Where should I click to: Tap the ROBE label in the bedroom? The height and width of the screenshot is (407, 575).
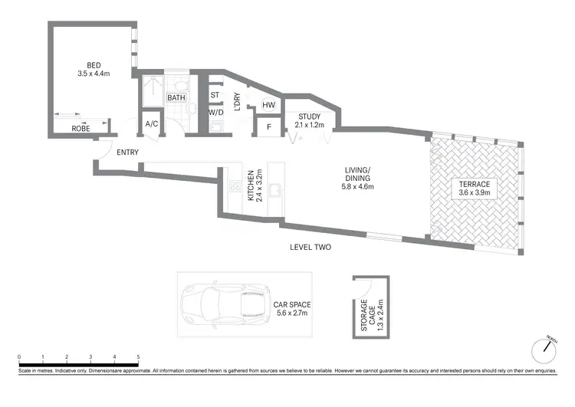coord(81,129)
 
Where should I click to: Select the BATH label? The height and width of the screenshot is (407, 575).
coord(177,97)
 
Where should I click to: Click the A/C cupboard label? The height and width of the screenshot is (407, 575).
coord(151,123)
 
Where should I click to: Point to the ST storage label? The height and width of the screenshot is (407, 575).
coord(214,96)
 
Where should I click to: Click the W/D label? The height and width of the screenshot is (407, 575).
coord(215,112)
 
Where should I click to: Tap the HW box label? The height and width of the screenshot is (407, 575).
coord(268,105)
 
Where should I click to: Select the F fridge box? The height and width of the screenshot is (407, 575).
coord(268,126)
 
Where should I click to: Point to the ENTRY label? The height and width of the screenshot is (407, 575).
coord(128,152)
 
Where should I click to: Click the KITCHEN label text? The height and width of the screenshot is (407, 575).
coord(250,186)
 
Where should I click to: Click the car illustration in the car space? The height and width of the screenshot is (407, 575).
coord(223,305)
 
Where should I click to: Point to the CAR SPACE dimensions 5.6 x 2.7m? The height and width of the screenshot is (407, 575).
coord(292,313)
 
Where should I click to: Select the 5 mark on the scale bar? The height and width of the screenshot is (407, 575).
coord(138,357)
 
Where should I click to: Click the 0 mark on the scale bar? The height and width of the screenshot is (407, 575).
coord(19,357)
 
